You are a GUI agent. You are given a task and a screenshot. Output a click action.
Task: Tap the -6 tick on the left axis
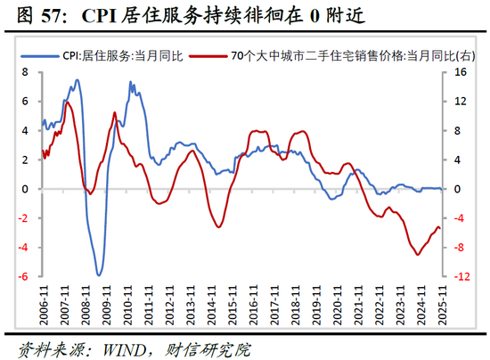tap(25, 276)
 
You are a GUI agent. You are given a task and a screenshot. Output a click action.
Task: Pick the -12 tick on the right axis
tap(461, 276)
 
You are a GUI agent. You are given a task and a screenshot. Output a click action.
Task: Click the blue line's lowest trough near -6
tap(99, 274)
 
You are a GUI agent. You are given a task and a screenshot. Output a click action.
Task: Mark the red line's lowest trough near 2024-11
tap(418, 255)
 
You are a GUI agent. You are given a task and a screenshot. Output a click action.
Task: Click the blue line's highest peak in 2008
tap(78, 80)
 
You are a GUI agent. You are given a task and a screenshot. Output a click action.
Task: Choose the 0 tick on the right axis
tap(458, 189)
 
